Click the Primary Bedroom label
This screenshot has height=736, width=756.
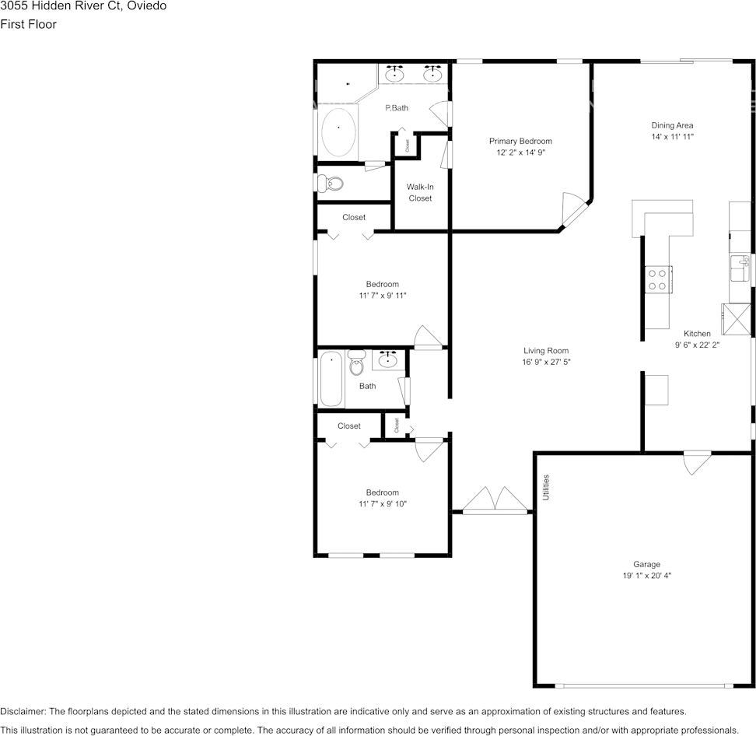click(x=520, y=141)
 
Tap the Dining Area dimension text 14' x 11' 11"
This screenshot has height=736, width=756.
click(x=672, y=136)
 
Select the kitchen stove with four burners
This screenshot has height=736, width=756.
click(x=659, y=279)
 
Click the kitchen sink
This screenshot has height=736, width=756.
click(x=740, y=268)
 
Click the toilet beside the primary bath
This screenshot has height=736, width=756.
click(x=331, y=184)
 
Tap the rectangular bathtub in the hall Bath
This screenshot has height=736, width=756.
click(x=332, y=379)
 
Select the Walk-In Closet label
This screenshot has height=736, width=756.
click(x=420, y=192)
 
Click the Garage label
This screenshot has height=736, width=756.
click(x=646, y=564)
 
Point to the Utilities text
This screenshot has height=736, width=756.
click(x=546, y=486)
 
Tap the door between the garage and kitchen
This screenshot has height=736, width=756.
click(x=697, y=462)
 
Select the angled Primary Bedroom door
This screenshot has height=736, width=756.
click(x=576, y=209)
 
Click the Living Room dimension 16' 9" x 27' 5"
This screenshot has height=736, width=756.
click(x=546, y=363)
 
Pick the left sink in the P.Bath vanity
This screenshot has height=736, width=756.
click(x=396, y=75)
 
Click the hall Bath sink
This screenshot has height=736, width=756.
click(x=387, y=359)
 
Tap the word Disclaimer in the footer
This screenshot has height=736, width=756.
click(x=23, y=711)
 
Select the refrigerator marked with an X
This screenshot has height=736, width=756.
click(x=736, y=317)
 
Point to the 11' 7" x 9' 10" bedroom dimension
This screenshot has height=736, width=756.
click(x=383, y=504)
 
